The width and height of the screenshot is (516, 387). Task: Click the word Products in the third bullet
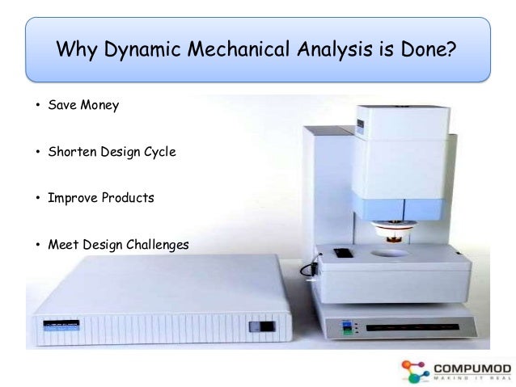coord(128,197)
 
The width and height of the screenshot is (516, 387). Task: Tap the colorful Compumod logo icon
coord(414,370)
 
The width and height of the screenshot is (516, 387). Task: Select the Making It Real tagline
coord(469,378)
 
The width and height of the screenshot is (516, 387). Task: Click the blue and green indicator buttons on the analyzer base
coord(349,328)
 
